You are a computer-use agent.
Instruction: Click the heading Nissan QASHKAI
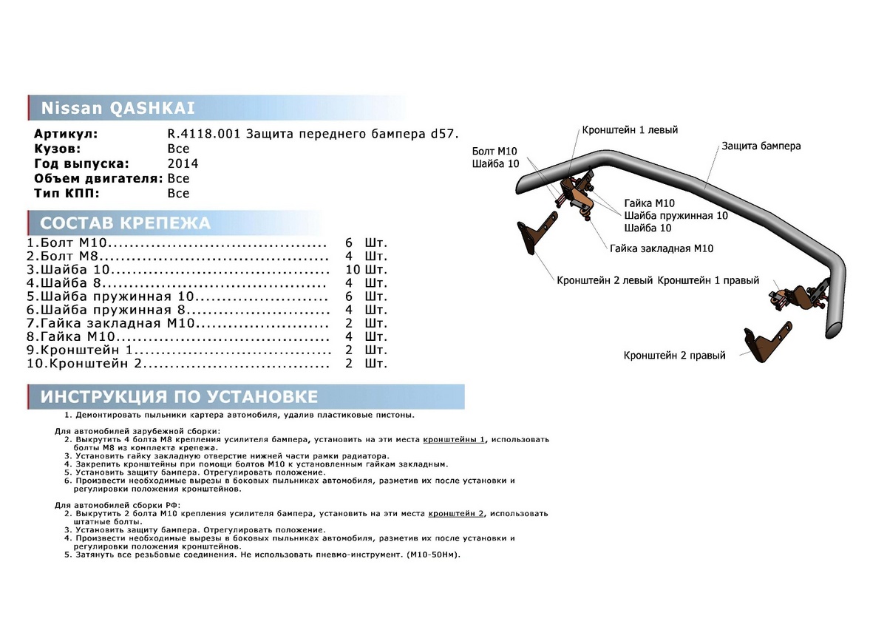tap(118, 108)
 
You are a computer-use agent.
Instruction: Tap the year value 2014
tap(183, 163)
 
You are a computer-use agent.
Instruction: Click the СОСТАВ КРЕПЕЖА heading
tap(125, 223)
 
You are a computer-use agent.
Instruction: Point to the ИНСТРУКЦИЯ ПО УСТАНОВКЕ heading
tap(179, 396)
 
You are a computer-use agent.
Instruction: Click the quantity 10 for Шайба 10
tap(353, 270)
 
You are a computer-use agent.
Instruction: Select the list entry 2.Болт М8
tap(67, 257)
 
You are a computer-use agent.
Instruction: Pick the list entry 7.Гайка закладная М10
tap(111, 323)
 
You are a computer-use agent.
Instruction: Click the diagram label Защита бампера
tap(761, 146)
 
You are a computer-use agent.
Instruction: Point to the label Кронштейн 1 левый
tap(629, 129)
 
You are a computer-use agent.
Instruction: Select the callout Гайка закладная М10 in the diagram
tap(662, 248)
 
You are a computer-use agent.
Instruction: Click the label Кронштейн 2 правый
tap(674, 355)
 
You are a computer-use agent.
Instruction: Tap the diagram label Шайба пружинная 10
tap(676, 215)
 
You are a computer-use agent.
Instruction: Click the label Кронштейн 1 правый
tap(707, 281)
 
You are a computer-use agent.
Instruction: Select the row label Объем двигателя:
tap(98, 178)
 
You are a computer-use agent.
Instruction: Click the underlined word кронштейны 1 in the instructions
tap(454, 439)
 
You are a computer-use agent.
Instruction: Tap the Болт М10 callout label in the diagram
tap(494, 152)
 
